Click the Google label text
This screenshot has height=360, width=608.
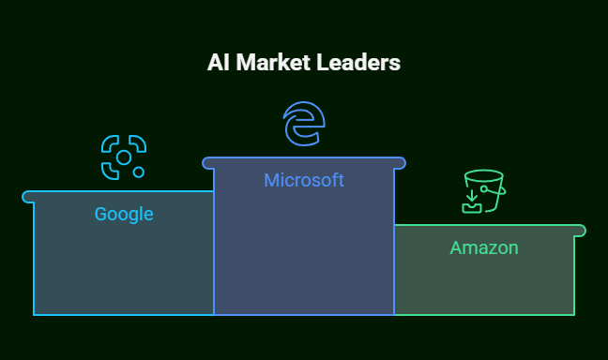124,214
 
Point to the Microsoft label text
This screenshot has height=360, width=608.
304,180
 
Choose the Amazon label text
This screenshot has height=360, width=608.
484,247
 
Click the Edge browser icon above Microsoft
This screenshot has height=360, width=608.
304,125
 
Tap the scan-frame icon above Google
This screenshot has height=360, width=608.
124,157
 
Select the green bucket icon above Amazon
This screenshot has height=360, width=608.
483,191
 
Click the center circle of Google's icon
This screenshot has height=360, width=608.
124,157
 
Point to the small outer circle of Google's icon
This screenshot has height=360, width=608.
139,172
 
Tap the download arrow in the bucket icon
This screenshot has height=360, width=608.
471,198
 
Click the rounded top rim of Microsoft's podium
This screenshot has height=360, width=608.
304,163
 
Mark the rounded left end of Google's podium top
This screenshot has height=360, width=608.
27,197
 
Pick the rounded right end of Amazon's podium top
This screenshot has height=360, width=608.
580,231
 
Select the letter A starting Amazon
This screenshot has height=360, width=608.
457,247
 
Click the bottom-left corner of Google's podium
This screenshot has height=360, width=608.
34,314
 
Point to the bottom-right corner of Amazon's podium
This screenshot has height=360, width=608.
573,314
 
